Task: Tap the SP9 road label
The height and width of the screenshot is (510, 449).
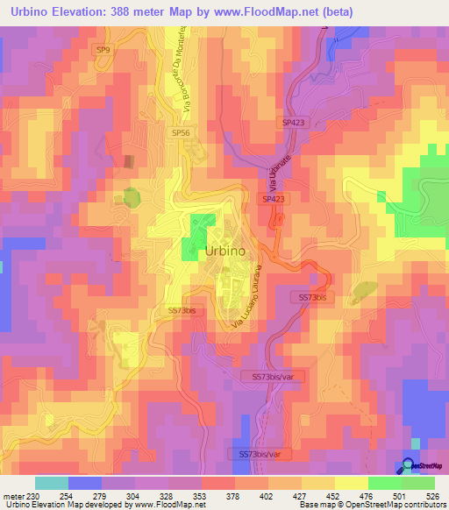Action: point(104,50)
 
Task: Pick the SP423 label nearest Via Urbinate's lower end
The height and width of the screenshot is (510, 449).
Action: point(273,200)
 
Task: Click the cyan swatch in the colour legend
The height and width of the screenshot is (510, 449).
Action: point(52,483)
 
